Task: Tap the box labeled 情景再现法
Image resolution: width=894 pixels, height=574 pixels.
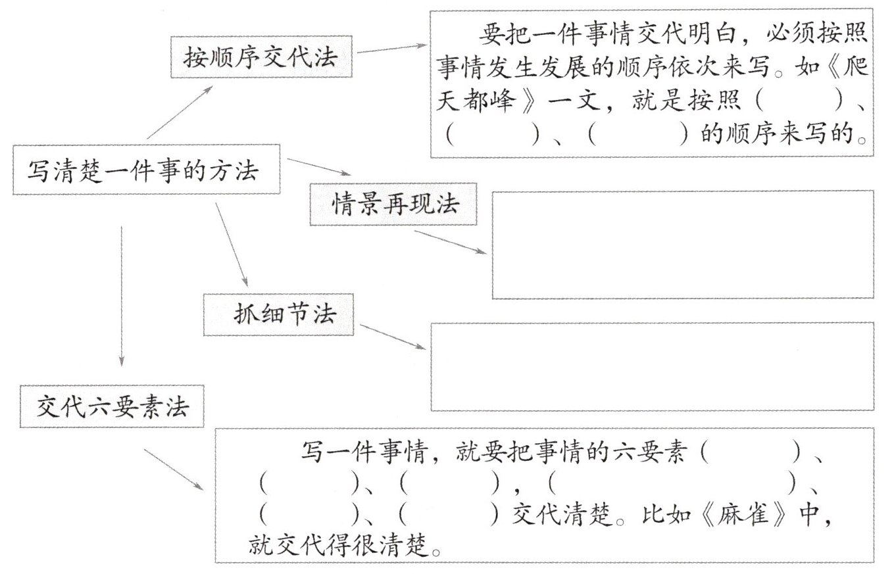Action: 395,205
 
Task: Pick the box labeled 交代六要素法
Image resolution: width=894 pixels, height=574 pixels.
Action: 112,408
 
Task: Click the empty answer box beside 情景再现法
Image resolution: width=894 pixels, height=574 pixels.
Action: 682,244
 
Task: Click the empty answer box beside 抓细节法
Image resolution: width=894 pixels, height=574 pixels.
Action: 651,366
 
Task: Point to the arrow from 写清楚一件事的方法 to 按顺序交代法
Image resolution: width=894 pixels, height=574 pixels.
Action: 180,112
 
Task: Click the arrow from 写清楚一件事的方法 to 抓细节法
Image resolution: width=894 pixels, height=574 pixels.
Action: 232,244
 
